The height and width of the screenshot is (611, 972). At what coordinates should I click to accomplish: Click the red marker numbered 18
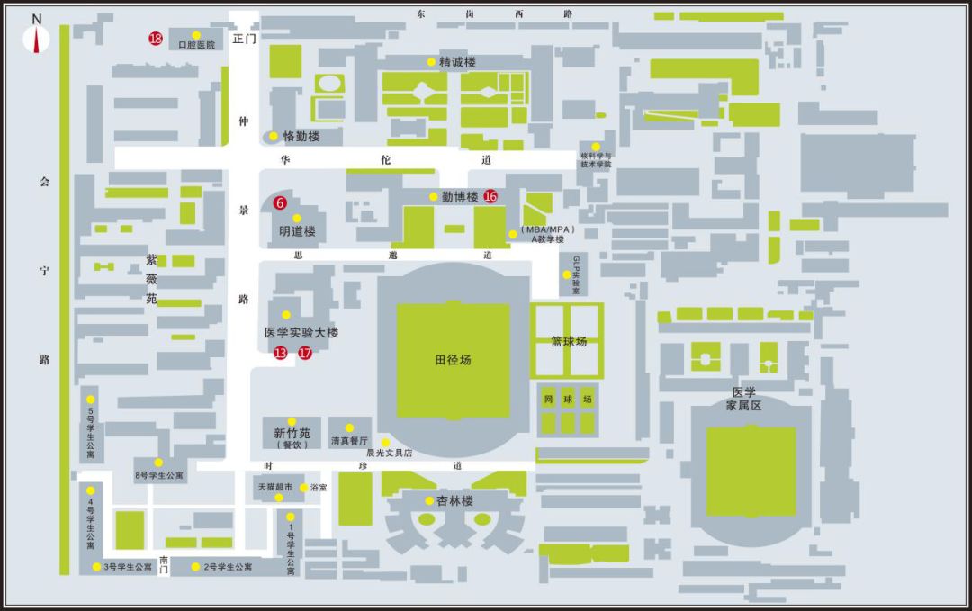point(156,39)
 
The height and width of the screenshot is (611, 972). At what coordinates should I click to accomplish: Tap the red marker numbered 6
point(280,203)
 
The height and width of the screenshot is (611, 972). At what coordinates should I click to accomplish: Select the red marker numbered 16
point(490,196)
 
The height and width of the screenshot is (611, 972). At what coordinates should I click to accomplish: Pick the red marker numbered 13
point(281,353)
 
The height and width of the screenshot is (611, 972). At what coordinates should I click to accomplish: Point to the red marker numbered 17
point(305,353)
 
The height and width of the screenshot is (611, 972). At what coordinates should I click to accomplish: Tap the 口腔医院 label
point(197,45)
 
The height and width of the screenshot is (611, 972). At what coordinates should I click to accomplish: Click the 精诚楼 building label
point(457,62)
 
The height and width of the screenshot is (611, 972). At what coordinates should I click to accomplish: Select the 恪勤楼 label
point(301,137)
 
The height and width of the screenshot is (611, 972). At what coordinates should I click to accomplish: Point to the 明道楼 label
point(297,231)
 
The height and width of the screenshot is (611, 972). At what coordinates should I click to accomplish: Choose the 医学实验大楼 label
point(301,333)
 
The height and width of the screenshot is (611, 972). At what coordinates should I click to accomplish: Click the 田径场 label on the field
point(453,360)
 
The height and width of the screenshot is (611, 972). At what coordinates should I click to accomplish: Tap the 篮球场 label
point(569,342)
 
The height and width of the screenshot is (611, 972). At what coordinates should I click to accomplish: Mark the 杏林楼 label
point(454,501)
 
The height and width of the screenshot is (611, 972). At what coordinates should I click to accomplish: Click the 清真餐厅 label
point(349,441)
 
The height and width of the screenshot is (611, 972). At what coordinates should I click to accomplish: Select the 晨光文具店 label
point(389,454)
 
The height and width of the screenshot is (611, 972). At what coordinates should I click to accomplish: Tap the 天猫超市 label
point(275,487)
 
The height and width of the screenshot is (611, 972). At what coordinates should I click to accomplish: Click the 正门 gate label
point(244,40)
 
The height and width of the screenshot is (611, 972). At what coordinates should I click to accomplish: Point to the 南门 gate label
point(163,564)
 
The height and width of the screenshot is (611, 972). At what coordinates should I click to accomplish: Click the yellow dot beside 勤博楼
point(434,196)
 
